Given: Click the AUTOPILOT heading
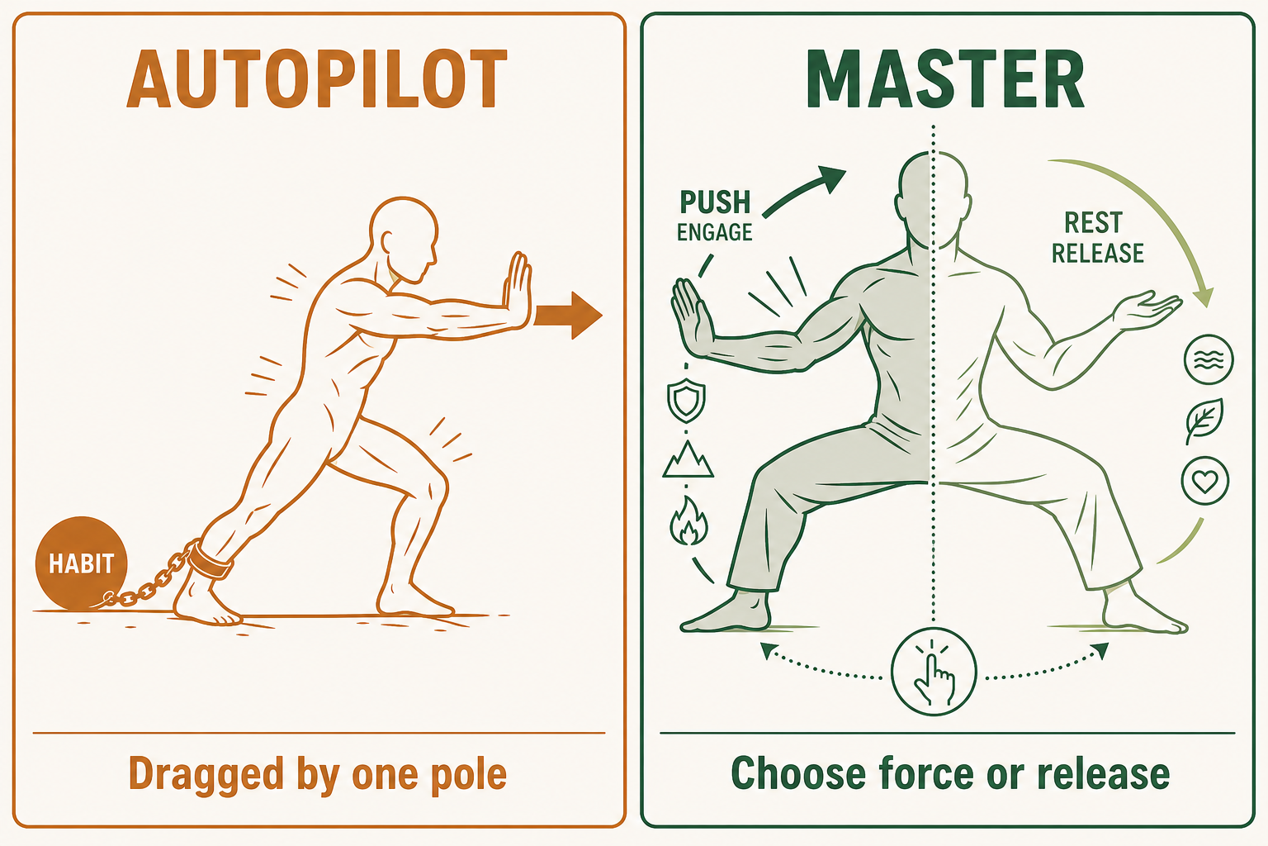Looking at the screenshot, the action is click(x=316, y=78).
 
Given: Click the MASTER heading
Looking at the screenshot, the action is click(x=944, y=78).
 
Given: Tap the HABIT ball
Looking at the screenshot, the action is click(x=81, y=563).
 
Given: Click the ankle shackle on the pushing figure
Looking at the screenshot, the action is click(x=211, y=560).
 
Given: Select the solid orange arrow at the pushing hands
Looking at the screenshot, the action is click(x=568, y=316).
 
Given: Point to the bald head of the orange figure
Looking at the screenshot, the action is click(x=404, y=238).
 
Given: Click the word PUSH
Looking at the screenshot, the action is click(x=714, y=202).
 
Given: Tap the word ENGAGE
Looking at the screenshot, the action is click(x=714, y=232).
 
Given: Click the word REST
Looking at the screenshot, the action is click(x=1093, y=223).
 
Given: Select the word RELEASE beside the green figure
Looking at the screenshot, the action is click(x=1098, y=253).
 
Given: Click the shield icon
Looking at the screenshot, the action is click(x=686, y=400).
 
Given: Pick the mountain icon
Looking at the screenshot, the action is click(x=688, y=459).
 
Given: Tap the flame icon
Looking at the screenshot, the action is click(x=688, y=520).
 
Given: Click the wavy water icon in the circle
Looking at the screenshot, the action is click(x=1209, y=359).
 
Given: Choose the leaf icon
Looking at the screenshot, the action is click(x=1204, y=421).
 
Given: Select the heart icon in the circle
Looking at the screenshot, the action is click(x=1205, y=481).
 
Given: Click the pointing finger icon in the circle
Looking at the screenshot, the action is click(x=934, y=672).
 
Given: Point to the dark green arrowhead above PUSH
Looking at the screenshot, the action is click(x=831, y=179).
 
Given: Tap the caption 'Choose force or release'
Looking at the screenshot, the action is click(x=950, y=773).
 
